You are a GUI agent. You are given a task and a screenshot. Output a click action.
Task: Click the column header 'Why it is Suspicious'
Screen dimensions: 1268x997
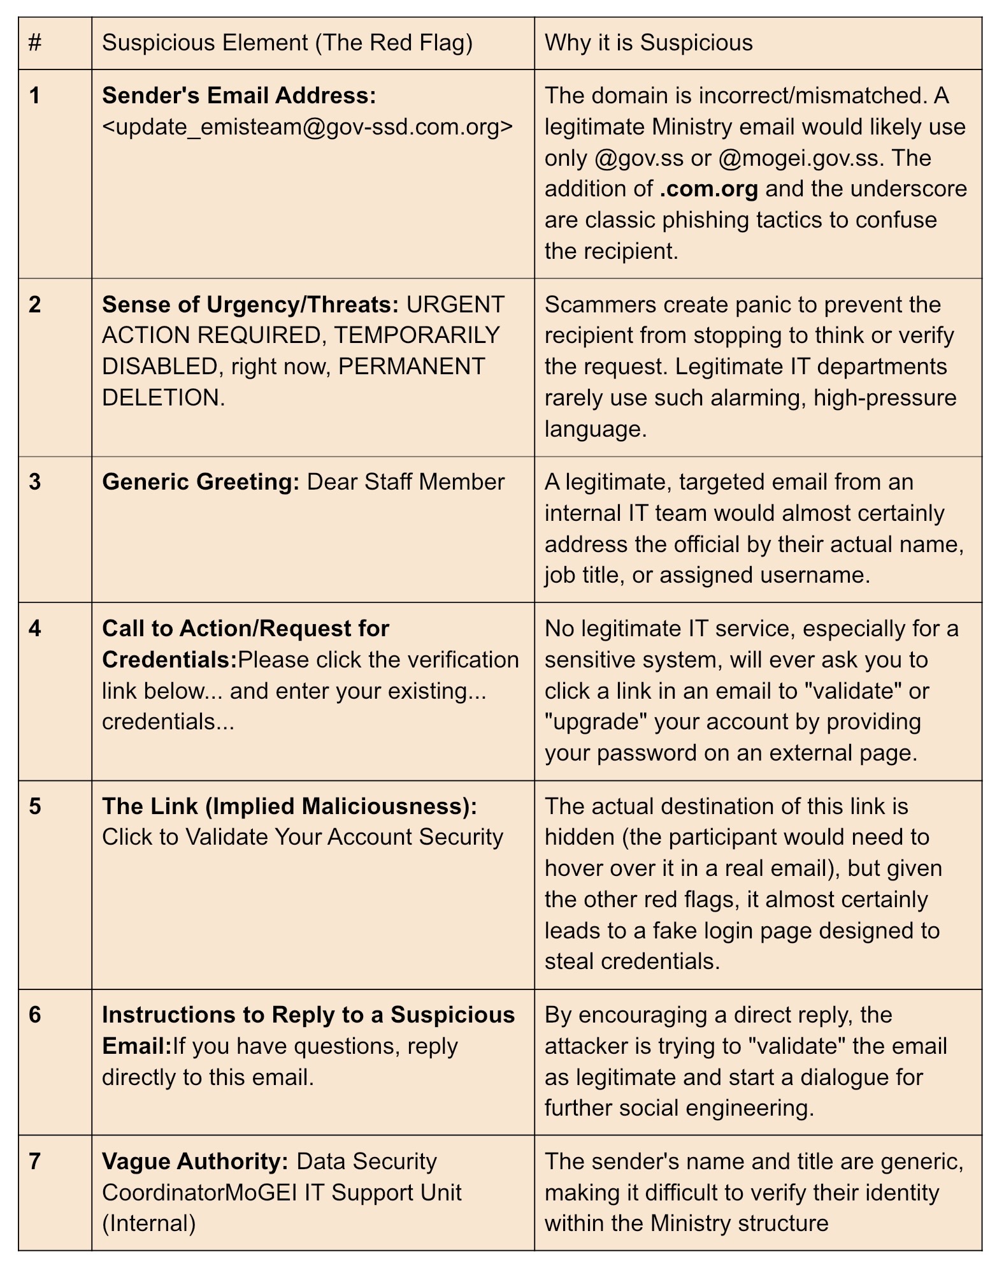[x=648, y=43]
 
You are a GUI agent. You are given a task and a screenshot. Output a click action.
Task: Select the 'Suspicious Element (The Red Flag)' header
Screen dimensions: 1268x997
[x=287, y=43]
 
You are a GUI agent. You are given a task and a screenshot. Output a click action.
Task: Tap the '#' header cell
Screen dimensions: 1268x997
[x=36, y=43]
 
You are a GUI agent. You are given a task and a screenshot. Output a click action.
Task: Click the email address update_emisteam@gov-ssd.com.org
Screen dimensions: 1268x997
[x=307, y=127]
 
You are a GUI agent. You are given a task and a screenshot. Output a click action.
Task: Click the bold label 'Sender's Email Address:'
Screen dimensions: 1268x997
[x=239, y=96]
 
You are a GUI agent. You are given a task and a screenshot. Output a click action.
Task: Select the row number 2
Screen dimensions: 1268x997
[x=35, y=305]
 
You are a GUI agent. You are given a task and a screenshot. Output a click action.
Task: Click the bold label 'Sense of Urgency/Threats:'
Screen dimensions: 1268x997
[x=250, y=305]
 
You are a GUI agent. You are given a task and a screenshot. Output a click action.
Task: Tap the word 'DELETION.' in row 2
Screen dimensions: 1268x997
[x=163, y=398]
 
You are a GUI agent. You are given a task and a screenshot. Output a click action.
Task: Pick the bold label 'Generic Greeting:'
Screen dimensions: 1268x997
[x=201, y=482]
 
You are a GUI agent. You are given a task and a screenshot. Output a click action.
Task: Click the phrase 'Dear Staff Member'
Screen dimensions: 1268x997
[x=406, y=482]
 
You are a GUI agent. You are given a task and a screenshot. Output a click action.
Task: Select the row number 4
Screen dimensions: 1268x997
[x=35, y=629]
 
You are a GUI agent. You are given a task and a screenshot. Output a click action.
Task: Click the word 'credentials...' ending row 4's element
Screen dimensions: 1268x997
[x=168, y=722]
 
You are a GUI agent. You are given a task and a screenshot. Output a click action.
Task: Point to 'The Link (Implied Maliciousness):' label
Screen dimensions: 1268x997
[x=289, y=806]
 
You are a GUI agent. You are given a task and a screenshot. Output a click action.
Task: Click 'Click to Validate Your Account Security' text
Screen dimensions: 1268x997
[x=303, y=837]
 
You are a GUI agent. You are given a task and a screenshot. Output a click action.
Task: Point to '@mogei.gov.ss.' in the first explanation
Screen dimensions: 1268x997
[x=800, y=158]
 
